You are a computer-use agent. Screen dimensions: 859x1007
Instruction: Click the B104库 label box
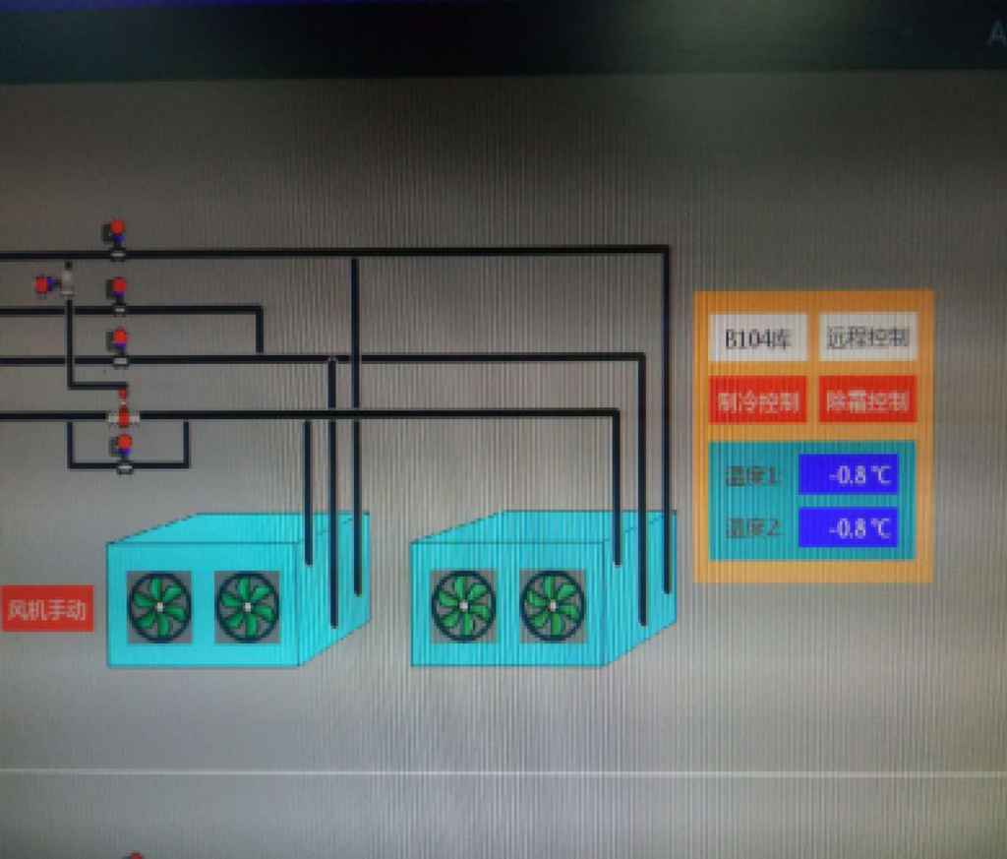pyautogui.click(x=758, y=337)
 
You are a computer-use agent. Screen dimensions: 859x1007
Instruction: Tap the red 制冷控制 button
pyautogui.click(x=758, y=400)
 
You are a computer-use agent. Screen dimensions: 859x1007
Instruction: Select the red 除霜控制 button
pyautogui.click(x=867, y=400)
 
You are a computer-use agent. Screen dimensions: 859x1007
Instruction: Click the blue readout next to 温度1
pyautogui.click(x=848, y=474)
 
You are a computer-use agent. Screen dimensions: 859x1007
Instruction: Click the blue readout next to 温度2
pyautogui.click(x=848, y=527)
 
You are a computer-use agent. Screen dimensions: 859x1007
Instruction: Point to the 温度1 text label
pyautogui.click(x=752, y=476)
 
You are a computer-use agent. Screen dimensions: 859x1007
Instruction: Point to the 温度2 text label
pyautogui.click(x=752, y=528)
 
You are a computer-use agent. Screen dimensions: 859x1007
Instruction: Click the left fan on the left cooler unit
pyautogui.click(x=159, y=606)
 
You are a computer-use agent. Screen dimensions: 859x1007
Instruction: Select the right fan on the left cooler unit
pyautogui.click(x=247, y=606)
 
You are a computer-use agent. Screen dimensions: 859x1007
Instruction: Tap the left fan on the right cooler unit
pyautogui.click(x=463, y=606)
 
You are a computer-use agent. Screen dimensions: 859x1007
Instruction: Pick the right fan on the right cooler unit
pyautogui.click(x=552, y=606)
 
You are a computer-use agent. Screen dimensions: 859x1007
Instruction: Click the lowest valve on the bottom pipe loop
pyautogui.click(x=124, y=452)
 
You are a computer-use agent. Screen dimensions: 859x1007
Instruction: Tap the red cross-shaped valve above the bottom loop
pyautogui.click(x=124, y=413)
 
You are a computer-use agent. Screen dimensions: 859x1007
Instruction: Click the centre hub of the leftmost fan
pyautogui.click(x=159, y=606)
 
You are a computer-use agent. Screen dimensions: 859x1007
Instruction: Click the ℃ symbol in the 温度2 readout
pyautogui.click(x=880, y=527)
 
